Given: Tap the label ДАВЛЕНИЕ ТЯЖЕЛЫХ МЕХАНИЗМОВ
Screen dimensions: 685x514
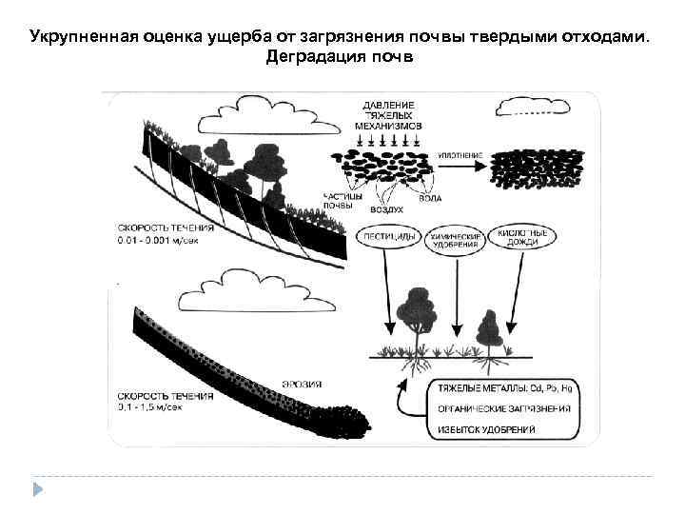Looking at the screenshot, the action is (x=387, y=113).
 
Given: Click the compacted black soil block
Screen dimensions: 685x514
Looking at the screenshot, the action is (x=538, y=171).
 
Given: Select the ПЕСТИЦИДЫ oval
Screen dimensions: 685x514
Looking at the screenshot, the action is (x=383, y=237).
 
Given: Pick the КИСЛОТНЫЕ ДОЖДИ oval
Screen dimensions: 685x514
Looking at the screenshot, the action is (x=524, y=237).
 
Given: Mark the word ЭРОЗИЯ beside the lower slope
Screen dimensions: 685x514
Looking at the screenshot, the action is (x=303, y=385).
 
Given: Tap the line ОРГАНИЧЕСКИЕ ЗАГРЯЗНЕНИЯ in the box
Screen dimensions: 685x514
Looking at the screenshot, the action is (x=505, y=410).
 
